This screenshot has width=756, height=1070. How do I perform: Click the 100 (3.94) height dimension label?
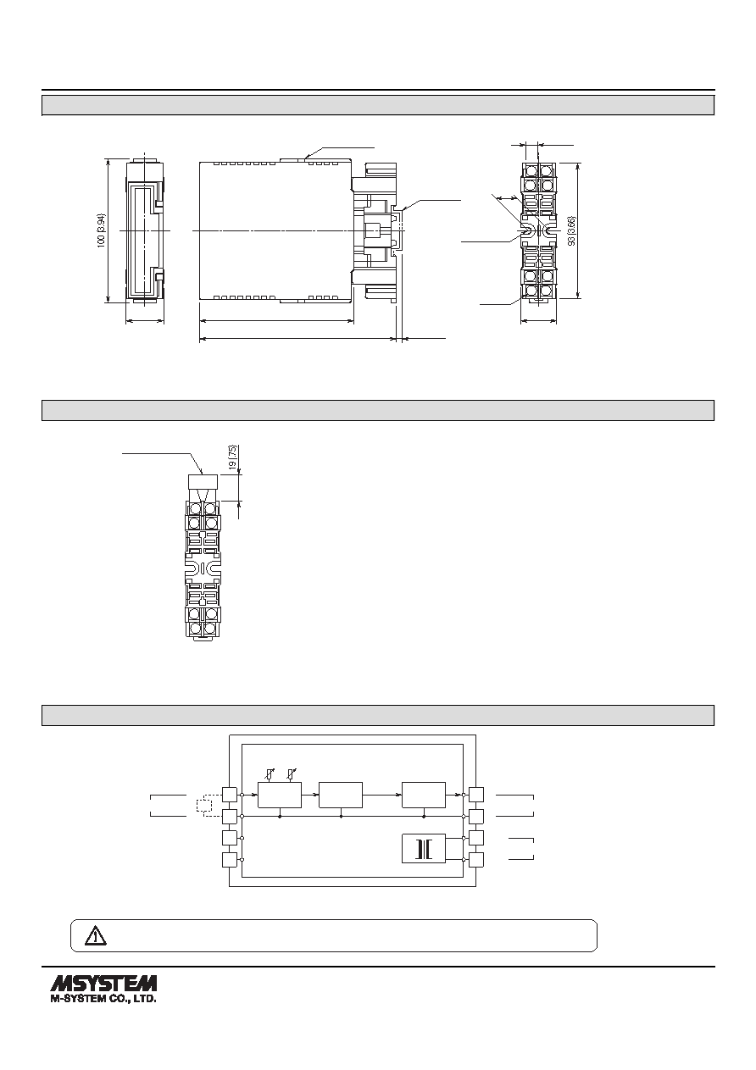point(102,230)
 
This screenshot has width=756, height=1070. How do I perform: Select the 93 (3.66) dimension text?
point(572,230)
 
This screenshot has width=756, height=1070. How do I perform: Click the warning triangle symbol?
point(96,936)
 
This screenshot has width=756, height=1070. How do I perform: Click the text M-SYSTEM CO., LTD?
point(103,999)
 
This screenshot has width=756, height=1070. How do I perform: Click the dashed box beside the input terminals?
point(203,806)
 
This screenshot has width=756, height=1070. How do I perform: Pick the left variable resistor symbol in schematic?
point(269,775)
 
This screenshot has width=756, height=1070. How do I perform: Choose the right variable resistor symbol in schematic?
point(290,775)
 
